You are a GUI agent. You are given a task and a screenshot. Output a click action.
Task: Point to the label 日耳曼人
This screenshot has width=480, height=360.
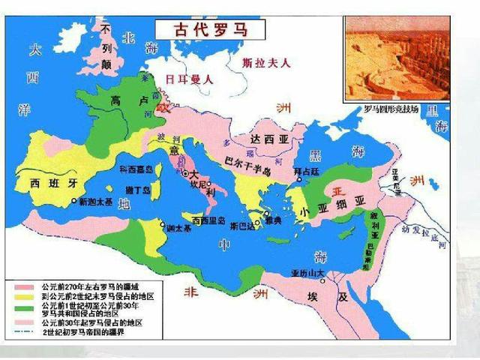pos(190,77)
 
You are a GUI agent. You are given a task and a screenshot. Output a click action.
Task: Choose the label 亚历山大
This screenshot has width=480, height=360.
pos(308,272)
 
